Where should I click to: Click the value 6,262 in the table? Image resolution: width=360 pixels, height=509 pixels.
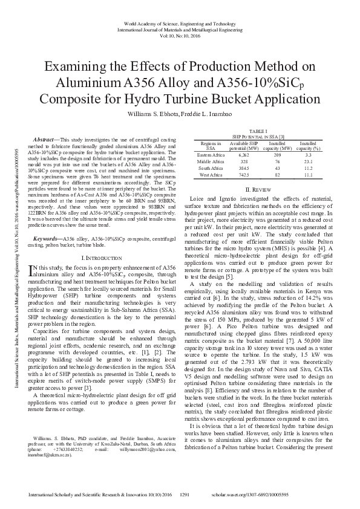point(244,155)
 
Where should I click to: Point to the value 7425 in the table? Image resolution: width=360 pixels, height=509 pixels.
point(244,175)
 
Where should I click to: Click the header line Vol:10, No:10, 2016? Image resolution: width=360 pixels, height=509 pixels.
point(180,35)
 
